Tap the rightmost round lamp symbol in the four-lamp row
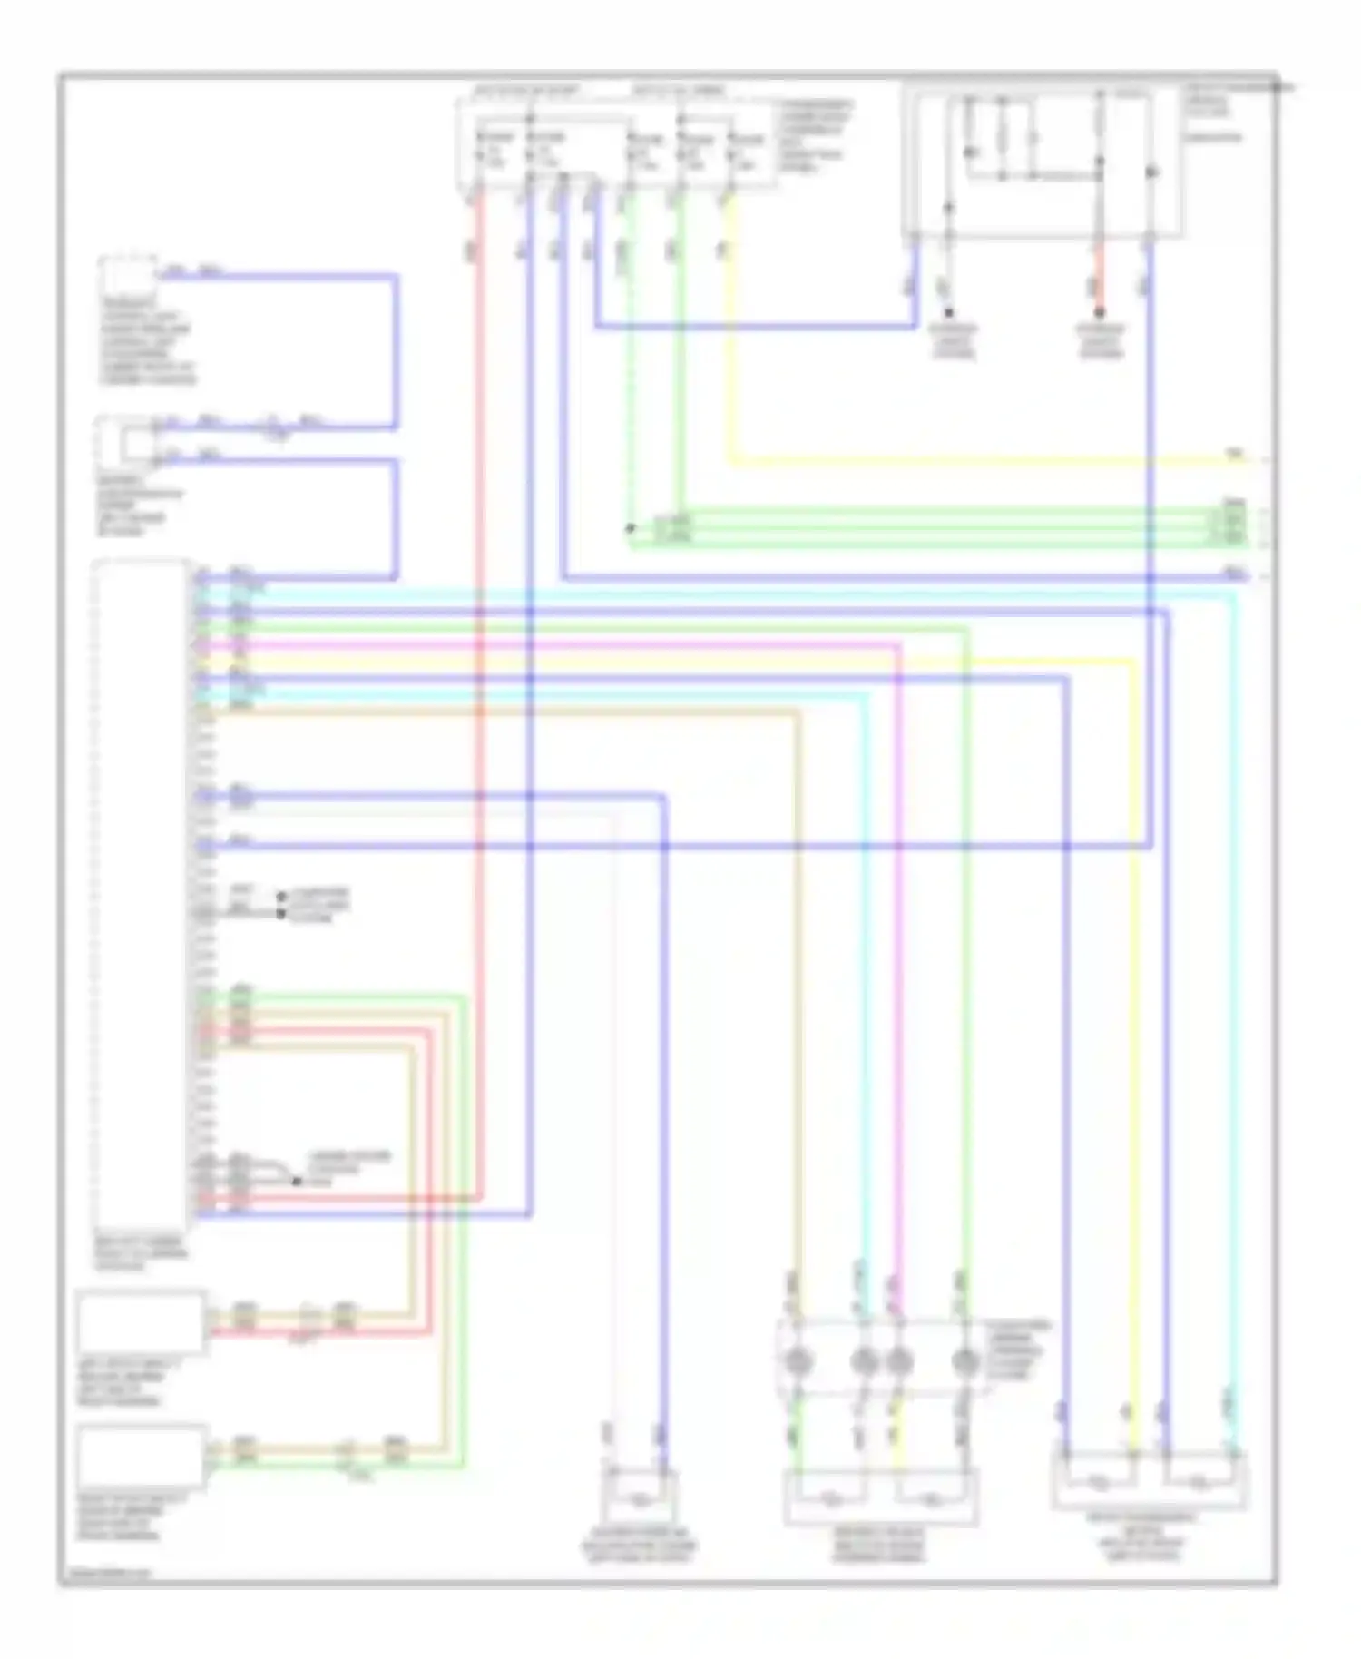tap(964, 1360)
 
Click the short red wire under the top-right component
tap(1098, 272)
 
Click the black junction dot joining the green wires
tap(630, 527)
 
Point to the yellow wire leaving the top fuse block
tap(907, 461)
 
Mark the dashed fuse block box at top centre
tap(617, 145)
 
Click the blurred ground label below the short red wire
tap(1100, 340)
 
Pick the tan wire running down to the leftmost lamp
tap(799, 998)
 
